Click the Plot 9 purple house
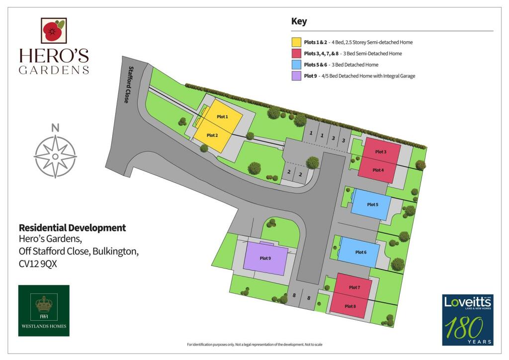[265, 259]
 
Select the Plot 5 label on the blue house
[372, 204]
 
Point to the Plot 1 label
[222, 116]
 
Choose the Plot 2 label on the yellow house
[212, 135]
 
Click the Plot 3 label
[381, 152]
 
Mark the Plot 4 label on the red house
[378, 170]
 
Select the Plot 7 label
[354, 287]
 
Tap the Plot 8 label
[350, 306]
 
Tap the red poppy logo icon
[53, 31]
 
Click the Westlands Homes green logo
[44, 310]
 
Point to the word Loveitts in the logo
[467, 301]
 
